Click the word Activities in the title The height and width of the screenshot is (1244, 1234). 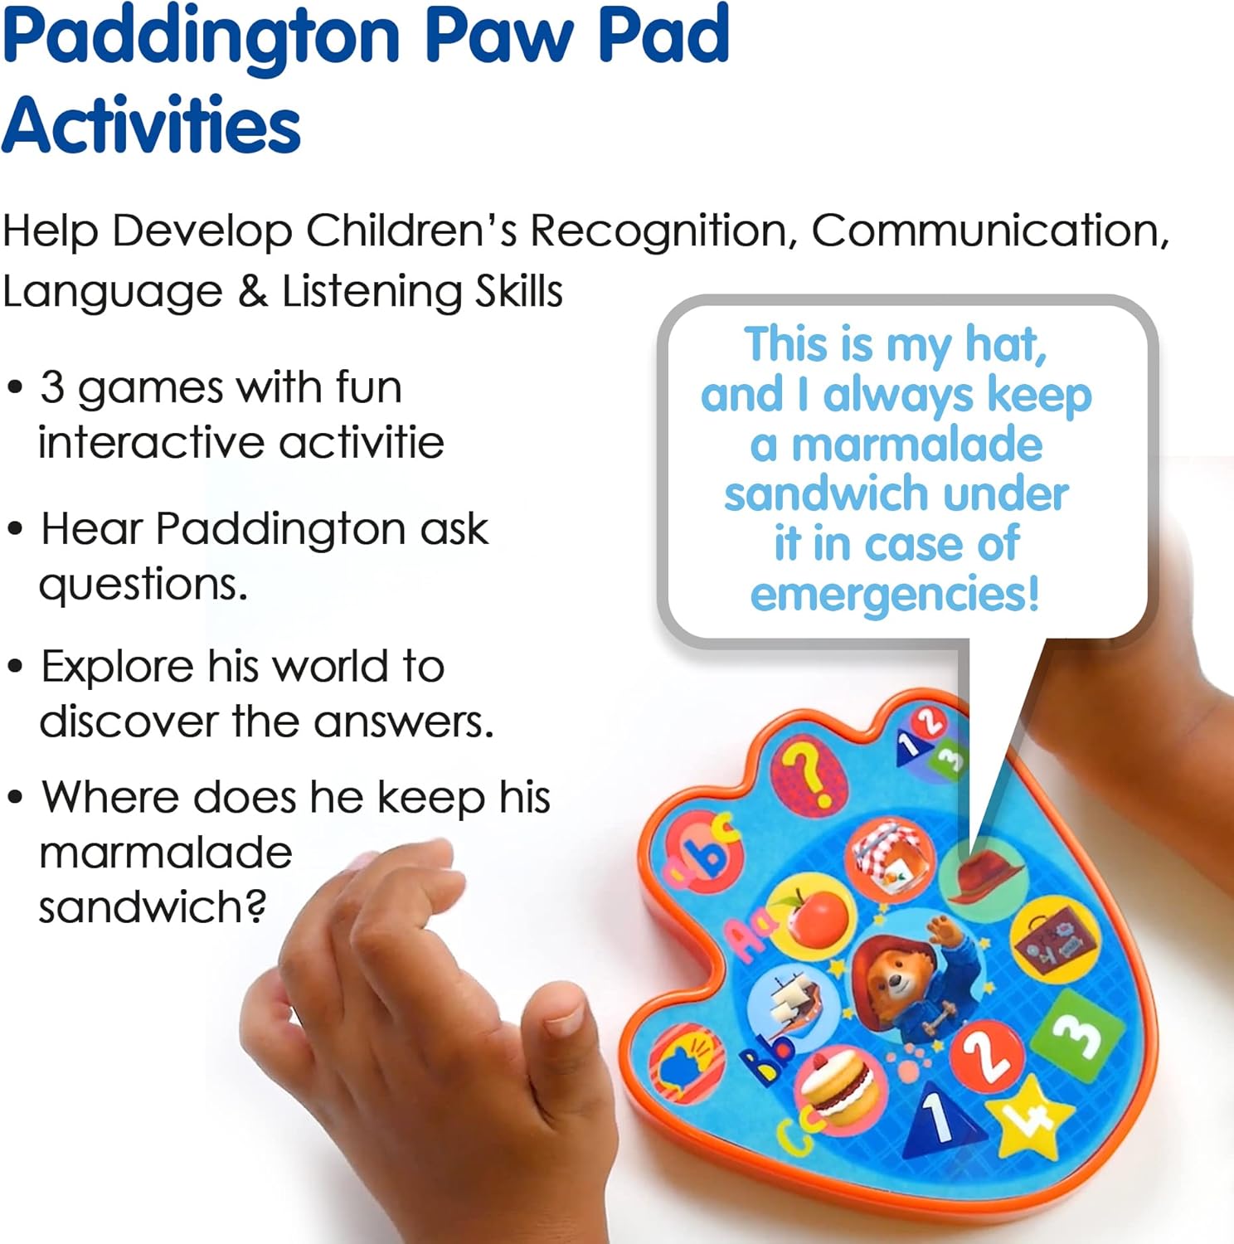coord(151,126)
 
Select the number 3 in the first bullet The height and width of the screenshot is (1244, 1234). coord(52,387)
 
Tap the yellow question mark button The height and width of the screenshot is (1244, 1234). coord(808,774)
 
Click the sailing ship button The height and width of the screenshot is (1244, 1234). coord(789,999)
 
